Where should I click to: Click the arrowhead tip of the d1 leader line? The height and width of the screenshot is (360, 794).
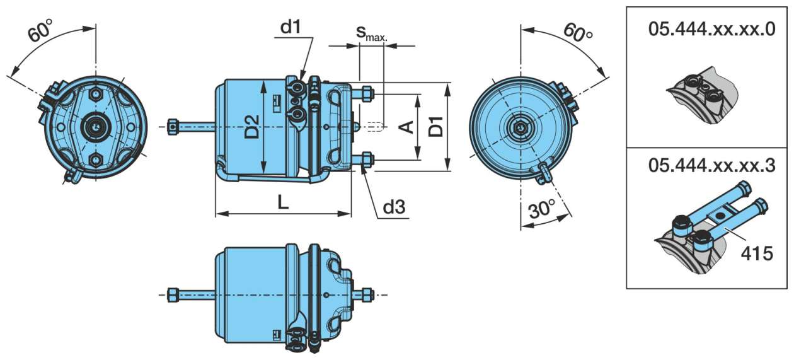302,81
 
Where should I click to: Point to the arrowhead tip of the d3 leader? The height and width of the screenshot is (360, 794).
362,165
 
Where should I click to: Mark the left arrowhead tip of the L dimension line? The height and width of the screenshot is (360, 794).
216,214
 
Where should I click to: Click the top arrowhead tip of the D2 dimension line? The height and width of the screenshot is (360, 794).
264,81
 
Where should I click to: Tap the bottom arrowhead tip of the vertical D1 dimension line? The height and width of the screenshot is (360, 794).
447,171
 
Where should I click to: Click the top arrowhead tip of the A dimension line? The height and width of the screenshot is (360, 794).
418,95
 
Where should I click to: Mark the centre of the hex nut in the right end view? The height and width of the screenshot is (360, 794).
520,127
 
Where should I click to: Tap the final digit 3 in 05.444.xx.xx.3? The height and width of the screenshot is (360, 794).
769,166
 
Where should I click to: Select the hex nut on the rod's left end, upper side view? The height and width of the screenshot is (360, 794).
172,127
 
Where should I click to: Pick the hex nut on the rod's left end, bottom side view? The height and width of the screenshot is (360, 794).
172,294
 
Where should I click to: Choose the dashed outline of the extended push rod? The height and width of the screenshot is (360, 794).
375,127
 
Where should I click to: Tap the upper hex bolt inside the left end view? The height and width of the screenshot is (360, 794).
96,94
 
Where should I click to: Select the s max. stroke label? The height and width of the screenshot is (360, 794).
372,33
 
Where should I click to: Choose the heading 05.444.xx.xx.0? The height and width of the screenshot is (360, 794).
712,29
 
